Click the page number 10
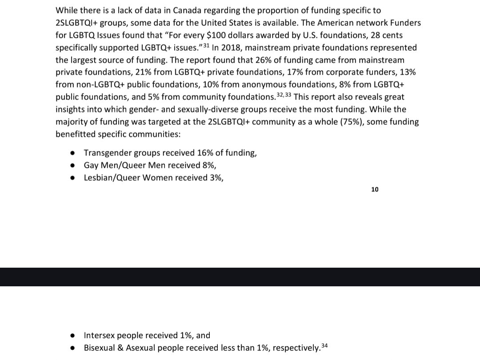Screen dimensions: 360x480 375,190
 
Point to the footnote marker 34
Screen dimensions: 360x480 324,345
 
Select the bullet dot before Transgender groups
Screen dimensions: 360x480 72,153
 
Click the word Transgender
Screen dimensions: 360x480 107,153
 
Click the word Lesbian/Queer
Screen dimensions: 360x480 110,178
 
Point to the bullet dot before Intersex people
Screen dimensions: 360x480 72,336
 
